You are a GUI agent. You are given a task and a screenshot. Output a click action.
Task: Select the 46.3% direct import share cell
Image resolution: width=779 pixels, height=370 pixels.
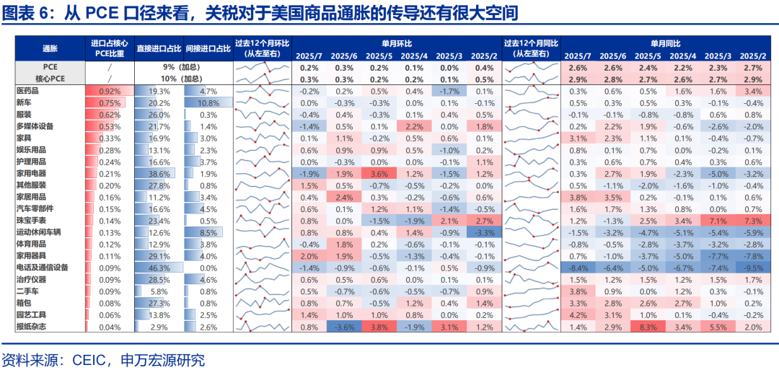click(159, 268)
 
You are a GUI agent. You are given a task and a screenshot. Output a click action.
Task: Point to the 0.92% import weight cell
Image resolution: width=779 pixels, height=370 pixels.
click(109, 92)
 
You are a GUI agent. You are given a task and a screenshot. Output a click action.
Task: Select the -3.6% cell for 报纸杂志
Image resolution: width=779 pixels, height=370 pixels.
click(343, 327)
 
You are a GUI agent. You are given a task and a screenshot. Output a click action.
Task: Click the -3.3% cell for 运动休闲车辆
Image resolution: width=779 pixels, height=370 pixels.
click(484, 232)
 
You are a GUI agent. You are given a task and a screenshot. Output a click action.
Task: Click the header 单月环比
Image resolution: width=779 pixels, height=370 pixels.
click(397, 43)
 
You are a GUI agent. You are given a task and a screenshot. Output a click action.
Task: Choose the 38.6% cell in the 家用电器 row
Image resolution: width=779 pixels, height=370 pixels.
click(159, 174)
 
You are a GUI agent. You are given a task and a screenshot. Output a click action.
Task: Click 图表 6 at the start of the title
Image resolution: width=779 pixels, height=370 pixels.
click(29, 14)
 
